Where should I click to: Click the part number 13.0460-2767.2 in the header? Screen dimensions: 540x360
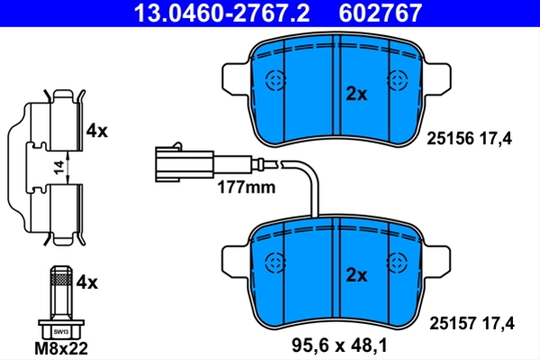point(221,13)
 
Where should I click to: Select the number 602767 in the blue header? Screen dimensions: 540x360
point(380,13)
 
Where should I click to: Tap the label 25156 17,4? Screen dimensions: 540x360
point(470,139)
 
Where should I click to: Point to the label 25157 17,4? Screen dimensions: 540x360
point(472,323)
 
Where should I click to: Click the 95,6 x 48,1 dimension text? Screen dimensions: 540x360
point(339,346)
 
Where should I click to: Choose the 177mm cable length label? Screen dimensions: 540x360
point(247,188)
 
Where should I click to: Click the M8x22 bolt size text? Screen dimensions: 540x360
point(61,348)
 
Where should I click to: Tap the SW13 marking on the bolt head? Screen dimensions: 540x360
point(61,332)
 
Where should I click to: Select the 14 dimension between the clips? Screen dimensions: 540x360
point(59,167)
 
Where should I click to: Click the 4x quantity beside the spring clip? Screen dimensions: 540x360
point(97,130)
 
